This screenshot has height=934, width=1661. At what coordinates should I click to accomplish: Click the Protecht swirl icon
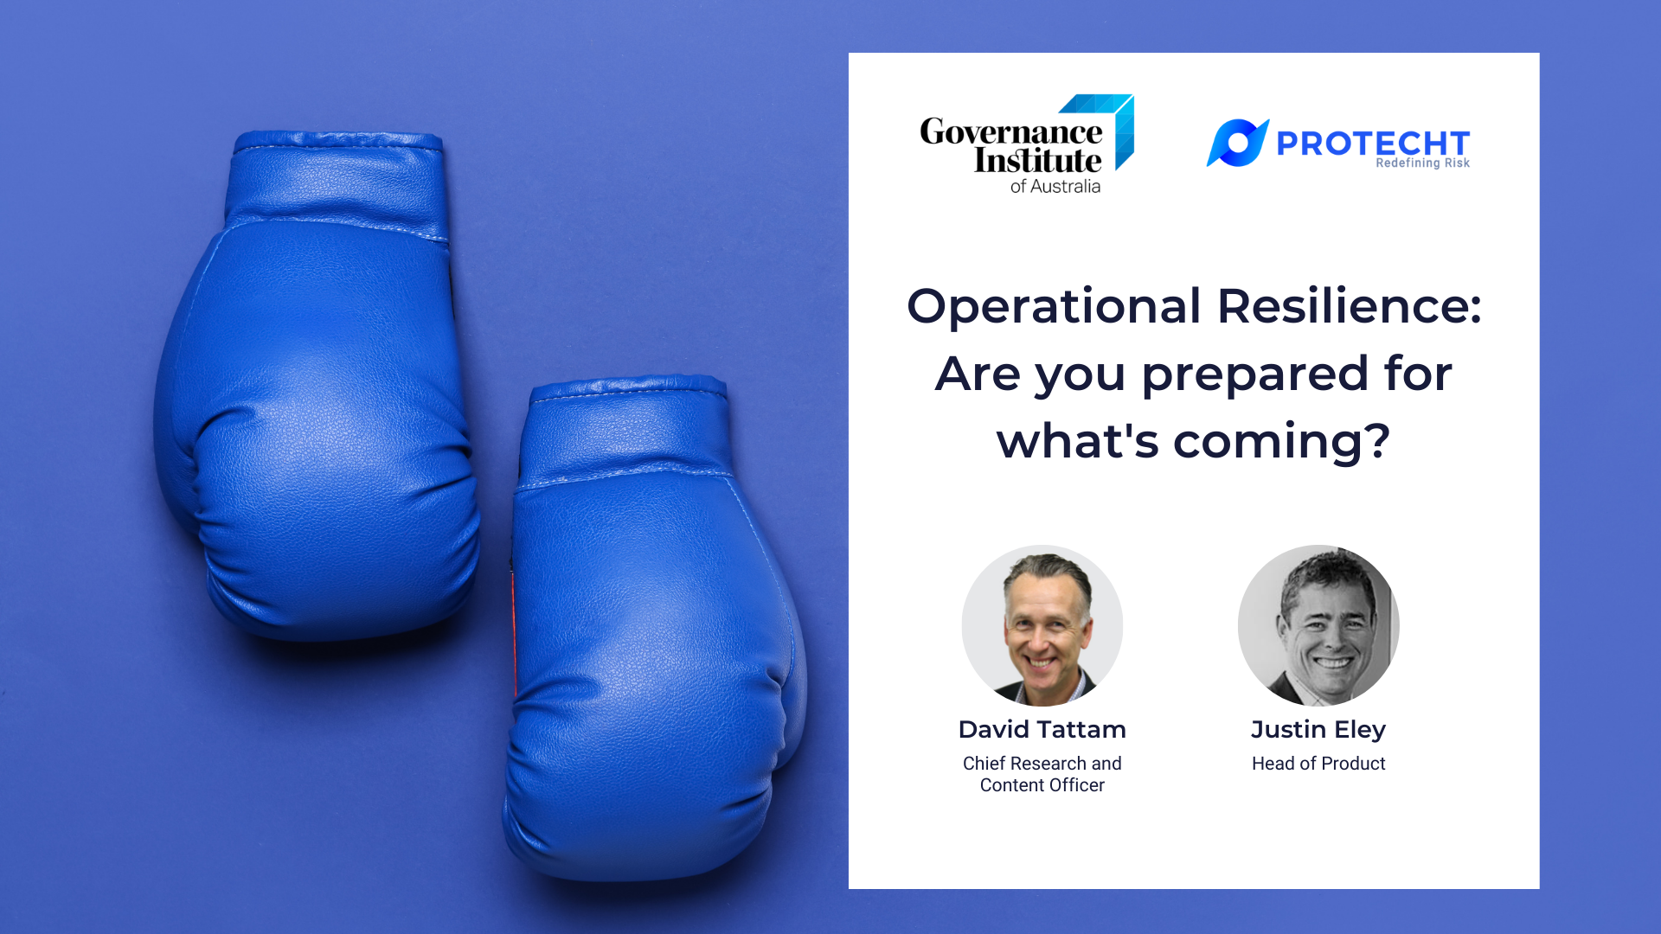[1237, 143]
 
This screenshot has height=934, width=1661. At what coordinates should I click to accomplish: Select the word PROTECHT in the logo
[1372, 143]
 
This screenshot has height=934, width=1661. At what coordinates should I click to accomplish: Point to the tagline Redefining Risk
[1422, 163]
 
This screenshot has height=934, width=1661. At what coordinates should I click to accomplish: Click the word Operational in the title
[1054, 307]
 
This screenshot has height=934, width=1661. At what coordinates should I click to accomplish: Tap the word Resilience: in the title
[1349, 307]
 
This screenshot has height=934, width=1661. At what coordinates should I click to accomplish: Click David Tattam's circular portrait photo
[1042, 625]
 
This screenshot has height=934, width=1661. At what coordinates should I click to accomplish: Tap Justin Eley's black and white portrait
[1318, 625]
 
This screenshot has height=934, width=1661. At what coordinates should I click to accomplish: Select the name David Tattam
[1042, 730]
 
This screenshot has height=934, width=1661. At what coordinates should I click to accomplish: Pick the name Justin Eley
[1318, 730]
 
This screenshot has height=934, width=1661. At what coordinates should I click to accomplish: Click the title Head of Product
[1318, 764]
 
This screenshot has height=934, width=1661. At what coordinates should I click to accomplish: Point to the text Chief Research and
[1042, 764]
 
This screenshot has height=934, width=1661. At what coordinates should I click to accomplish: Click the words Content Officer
[1042, 785]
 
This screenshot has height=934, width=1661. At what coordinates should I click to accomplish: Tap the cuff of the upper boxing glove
[337, 182]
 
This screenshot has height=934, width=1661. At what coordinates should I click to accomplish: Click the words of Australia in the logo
[1055, 187]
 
